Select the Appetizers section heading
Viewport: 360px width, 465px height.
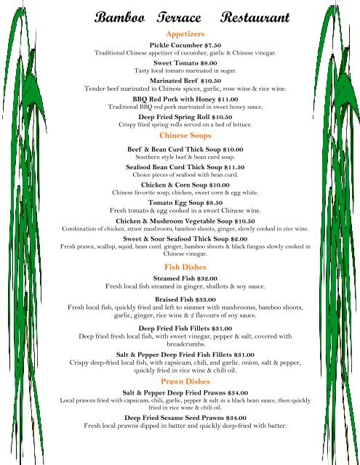pyautogui.click(x=185, y=34)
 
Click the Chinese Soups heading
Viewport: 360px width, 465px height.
pyautogui.click(x=185, y=135)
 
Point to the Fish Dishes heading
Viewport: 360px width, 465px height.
pyautogui.click(x=185, y=267)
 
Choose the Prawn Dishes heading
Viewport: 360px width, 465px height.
pyautogui.click(x=185, y=381)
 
